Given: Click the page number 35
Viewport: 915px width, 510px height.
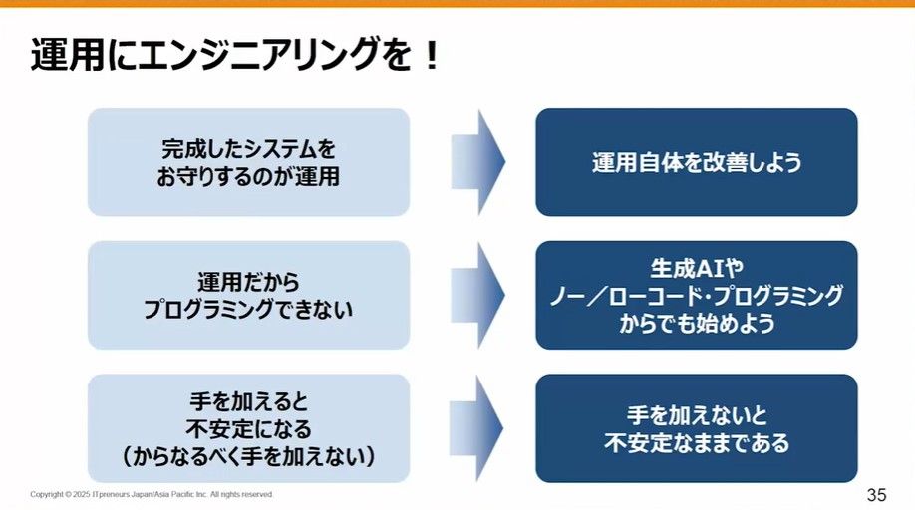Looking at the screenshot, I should (877, 495).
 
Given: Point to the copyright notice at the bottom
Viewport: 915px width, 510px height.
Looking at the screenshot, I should (152, 494).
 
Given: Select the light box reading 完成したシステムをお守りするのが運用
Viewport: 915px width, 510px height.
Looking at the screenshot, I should (248, 162).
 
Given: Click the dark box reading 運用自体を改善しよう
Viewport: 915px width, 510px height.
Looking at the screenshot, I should (697, 162).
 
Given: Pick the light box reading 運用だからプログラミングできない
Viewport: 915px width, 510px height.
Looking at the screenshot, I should (248, 295).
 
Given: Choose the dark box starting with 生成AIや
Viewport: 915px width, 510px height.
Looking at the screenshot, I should (697, 295).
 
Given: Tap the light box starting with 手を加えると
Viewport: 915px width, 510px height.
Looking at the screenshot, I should (248, 428).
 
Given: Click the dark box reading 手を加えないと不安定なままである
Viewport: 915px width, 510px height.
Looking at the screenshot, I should (697, 428).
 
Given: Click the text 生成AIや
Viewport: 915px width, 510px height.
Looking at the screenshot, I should (697, 269).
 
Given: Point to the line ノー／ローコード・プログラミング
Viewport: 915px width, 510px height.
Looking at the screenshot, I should (697, 296).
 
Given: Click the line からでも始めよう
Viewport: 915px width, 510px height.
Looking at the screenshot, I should (697, 324).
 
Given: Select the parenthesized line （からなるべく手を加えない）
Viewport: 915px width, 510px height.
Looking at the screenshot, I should (248, 457).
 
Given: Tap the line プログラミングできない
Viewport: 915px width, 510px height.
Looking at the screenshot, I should (248, 310).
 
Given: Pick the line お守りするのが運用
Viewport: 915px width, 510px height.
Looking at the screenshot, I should (248, 177).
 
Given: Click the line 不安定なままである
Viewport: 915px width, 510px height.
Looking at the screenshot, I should (697, 443).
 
